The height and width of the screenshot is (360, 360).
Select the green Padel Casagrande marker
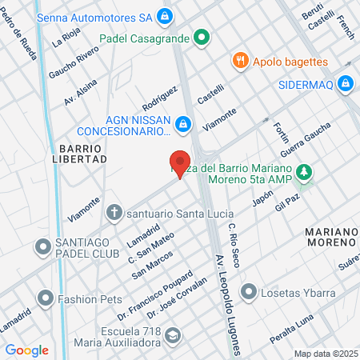point(202,37)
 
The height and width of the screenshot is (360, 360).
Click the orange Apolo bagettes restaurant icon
point(238,61)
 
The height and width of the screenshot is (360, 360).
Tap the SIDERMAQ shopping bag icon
point(345,82)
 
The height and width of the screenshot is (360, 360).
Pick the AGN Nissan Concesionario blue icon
point(183,124)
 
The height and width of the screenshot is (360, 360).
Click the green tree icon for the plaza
point(303,172)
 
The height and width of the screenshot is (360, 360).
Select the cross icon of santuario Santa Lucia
point(114,213)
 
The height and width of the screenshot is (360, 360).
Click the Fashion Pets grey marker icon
point(46,299)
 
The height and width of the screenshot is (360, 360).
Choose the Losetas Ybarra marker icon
point(251,291)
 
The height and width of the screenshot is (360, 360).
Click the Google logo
point(26,350)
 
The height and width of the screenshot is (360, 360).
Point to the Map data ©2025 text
point(324,354)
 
